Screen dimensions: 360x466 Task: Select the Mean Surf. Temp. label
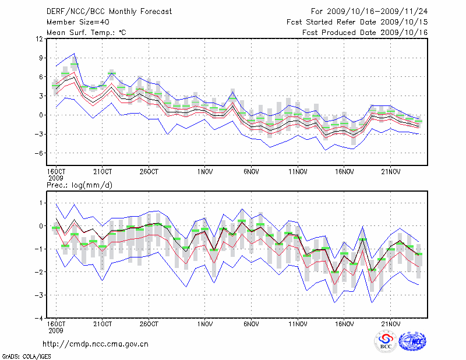86,32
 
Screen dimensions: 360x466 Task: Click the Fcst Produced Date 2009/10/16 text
365,32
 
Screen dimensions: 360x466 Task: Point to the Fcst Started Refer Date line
357,22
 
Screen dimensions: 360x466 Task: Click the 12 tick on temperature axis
39,38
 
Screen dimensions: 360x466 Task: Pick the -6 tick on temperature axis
39,153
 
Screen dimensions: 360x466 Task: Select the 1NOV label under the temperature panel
204,172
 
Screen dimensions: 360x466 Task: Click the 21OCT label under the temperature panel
103,172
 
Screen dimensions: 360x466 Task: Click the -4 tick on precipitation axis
39,318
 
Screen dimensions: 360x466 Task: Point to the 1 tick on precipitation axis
41,203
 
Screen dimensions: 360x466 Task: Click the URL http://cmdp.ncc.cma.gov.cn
96,344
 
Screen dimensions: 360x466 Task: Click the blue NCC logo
412,341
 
